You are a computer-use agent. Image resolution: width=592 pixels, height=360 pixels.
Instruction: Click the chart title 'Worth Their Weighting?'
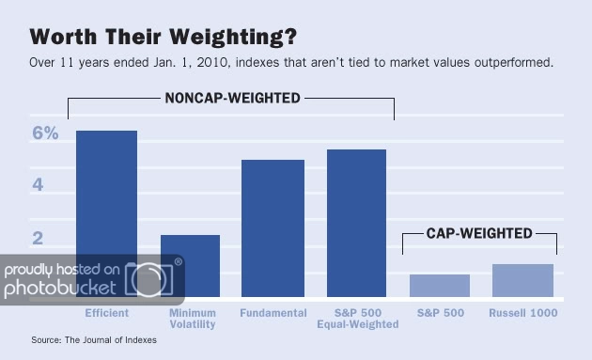pos(164,37)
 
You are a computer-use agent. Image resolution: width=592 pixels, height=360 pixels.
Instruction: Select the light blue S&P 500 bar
pos(440,286)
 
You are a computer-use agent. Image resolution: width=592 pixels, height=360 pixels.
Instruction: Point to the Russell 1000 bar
pos(522,281)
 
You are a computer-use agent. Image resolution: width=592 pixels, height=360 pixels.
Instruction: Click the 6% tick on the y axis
pos(46,133)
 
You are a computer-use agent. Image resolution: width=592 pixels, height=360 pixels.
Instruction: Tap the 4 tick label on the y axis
pos(39,185)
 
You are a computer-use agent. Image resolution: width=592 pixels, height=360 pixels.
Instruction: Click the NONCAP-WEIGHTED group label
pos(230,97)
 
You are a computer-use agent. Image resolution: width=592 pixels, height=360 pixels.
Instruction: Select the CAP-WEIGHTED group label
pos(479,233)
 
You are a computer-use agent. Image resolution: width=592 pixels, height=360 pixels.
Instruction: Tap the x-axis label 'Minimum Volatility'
pos(192,319)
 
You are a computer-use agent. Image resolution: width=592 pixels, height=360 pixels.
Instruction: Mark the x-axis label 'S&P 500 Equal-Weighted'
pos(358,319)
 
